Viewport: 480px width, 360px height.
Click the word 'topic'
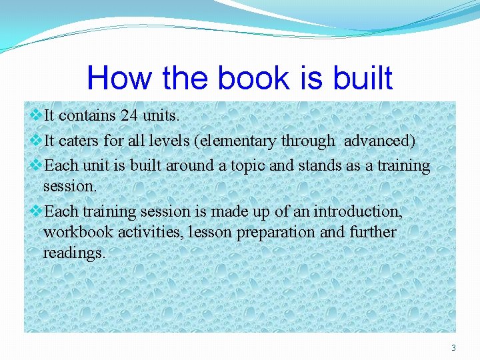tap(248, 165)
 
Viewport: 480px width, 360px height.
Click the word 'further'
tap(371, 233)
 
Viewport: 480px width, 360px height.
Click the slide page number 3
tap(454, 347)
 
